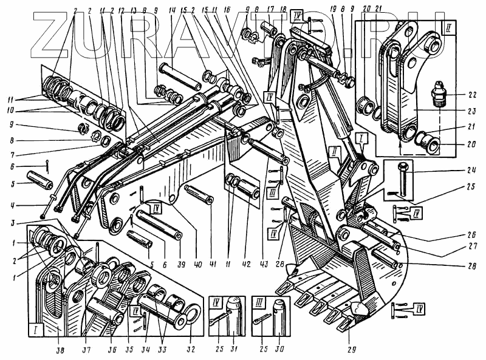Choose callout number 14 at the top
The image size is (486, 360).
tap(173, 12)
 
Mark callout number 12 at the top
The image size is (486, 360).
tap(122, 12)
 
